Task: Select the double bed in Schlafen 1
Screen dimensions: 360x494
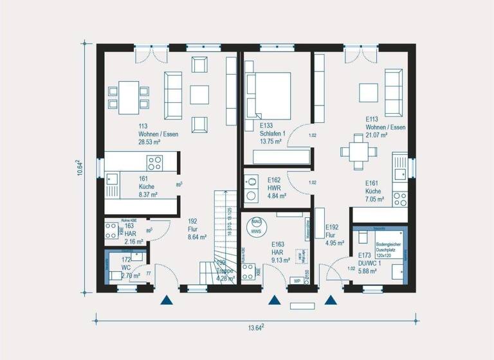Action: coord(268,94)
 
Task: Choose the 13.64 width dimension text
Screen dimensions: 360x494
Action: coord(255,329)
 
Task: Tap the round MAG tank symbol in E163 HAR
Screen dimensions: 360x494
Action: coord(256,226)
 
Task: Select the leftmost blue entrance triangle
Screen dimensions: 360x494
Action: coord(167,300)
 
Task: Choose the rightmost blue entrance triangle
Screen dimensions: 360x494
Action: coord(331,300)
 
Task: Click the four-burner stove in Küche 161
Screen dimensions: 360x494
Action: coord(154,162)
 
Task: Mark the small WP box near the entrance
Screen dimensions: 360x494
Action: coord(297,281)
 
